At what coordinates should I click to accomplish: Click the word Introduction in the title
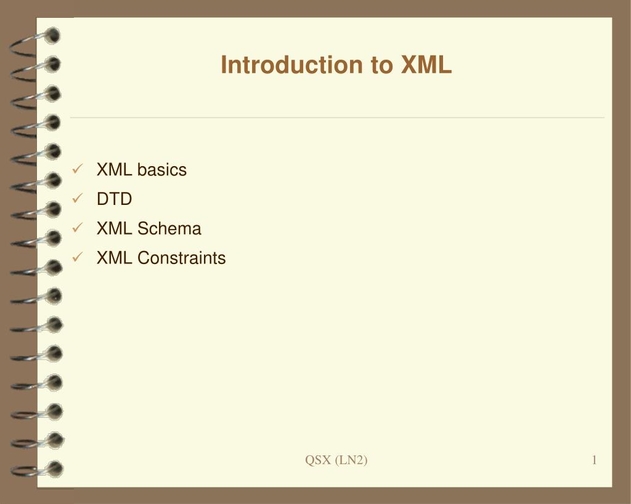click(x=292, y=65)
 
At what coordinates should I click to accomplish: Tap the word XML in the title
click(x=426, y=65)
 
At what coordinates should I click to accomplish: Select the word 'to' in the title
click(x=382, y=65)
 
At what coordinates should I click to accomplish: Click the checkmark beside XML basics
click(x=78, y=169)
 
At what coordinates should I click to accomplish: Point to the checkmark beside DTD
click(x=78, y=198)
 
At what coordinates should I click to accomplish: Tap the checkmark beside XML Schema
click(x=78, y=228)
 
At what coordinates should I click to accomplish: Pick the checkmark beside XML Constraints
click(x=78, y=257)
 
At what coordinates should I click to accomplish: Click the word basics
click(x=162, y=170)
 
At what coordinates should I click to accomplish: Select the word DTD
click(x=114, y=199)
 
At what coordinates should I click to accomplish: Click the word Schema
click(x=169, y=228)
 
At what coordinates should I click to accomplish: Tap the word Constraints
click(x=182, y=258)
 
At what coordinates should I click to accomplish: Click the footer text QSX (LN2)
click(x=336, y=460)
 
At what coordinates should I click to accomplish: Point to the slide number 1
click(x=594, y=460)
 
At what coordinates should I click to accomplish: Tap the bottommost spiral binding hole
click(x=55, y=469)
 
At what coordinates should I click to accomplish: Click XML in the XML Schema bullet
click(x=114, y=228)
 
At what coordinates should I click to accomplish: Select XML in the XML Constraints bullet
click(x=114, y=258)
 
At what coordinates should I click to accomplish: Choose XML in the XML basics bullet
click(x=114, y=170)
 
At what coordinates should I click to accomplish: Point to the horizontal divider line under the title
click(x=337, y=118)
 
